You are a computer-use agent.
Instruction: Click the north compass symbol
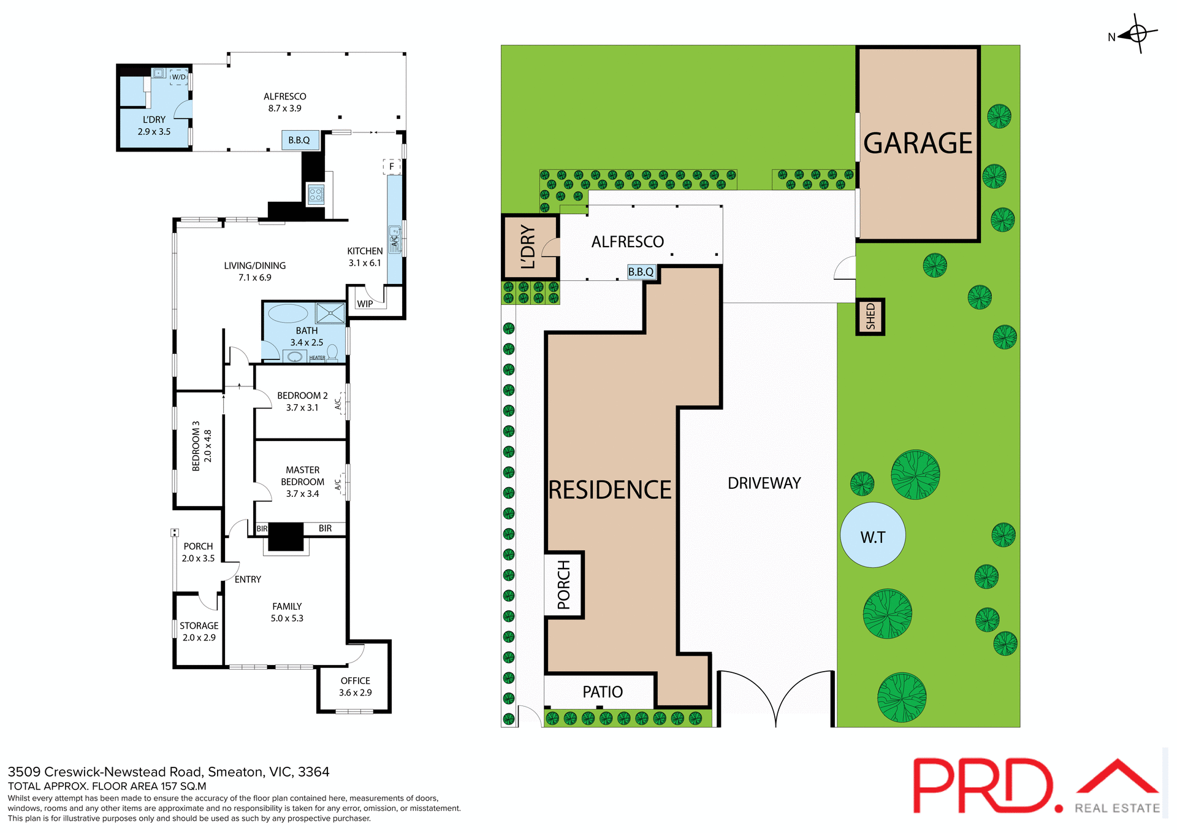(x=1137, y=34)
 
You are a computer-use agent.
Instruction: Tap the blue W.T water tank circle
(x=872, y=535)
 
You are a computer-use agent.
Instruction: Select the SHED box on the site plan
(x=870, y=317)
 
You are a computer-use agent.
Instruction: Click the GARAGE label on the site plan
(x=918, y=144)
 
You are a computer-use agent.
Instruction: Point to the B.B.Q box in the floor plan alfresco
(x=300, y=140)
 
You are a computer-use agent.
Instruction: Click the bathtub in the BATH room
(x=288, y=313)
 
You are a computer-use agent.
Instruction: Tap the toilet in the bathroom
(x=332, y=352)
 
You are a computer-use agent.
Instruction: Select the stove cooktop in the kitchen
(x=316, y=195)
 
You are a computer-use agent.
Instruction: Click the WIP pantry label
(x=365, y=304)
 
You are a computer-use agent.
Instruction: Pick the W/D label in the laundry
(x=178, y=77)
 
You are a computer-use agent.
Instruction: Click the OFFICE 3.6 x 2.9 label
(x=356, y=686)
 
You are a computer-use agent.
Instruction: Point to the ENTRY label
(x=248, y=579)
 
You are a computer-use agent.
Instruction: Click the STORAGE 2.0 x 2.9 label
(x=199, y=631)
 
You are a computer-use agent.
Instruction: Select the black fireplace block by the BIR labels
(x=286, y=537)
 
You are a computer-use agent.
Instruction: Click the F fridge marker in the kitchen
(x=392, y=166)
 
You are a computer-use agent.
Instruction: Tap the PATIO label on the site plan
(x=603, y=692)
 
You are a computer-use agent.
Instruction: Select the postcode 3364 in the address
(x=314, y=772)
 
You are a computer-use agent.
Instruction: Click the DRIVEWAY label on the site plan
(x=764, y=483)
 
